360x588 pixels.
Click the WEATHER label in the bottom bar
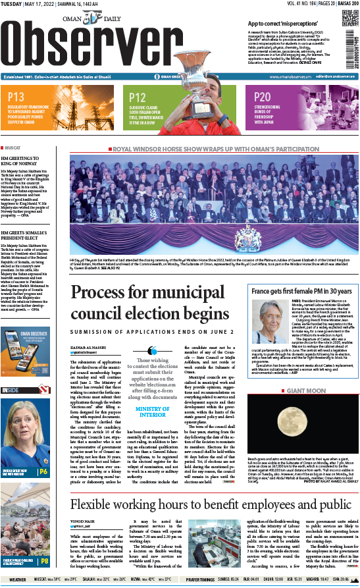coord(18,579)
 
